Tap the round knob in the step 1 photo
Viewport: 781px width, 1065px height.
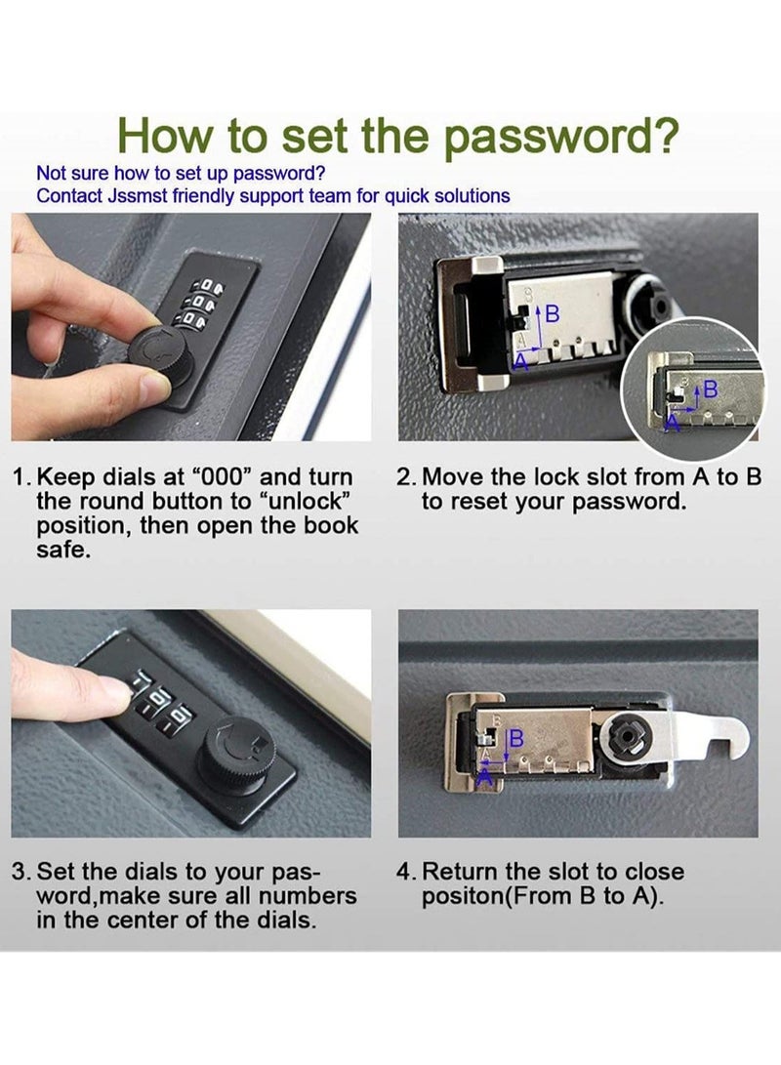pos(161,363)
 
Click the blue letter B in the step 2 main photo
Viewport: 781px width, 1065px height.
pos(553,313)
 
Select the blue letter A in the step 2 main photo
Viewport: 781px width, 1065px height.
pos(520,360)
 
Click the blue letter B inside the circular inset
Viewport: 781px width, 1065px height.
pos(711,389)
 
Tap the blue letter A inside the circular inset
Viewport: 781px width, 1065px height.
pos(673,423)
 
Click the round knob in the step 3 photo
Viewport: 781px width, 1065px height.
pos(237,753)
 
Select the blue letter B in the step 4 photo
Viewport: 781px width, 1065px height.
pos(516,738)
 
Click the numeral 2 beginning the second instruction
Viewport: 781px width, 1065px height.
pos(404,476)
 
